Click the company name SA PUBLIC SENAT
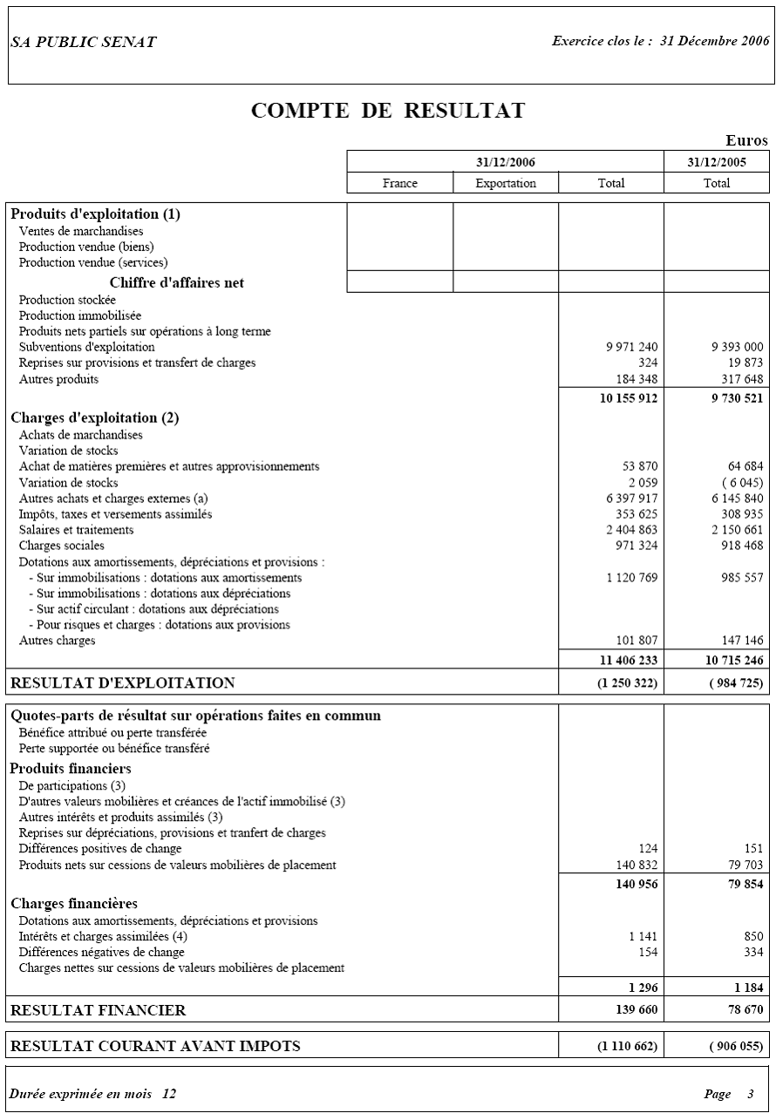click(84, 43)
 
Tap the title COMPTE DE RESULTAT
click(388, 111)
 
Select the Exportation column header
click(506, 183)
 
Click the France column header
click(400, 183)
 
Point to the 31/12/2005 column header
click(717, 162)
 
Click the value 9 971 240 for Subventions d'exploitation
click(632, 347)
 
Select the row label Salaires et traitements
click(77, 530)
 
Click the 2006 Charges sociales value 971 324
click(636, 546)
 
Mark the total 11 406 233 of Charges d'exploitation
click(628, 661)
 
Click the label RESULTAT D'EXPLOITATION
click(122, 683)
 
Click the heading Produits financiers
click(71, 769)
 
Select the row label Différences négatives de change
click(102, 952)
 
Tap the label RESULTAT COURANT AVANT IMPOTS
click(155, 1046)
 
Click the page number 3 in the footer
click(750, 1094)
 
